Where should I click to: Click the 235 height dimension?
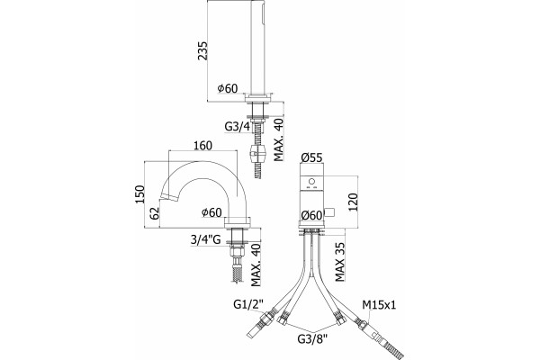tap(202, 51)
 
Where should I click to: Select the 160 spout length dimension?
tap(202, 146)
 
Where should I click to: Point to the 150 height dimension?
tap(139, 194)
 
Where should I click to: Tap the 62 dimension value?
tap(156, 213)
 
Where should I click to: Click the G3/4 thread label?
tap(237, 127)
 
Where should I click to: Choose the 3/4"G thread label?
tap(205, 239)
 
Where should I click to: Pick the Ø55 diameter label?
tap(311, 157)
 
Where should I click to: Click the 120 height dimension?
tap(353, 202)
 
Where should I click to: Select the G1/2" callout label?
tap(248, 304)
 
